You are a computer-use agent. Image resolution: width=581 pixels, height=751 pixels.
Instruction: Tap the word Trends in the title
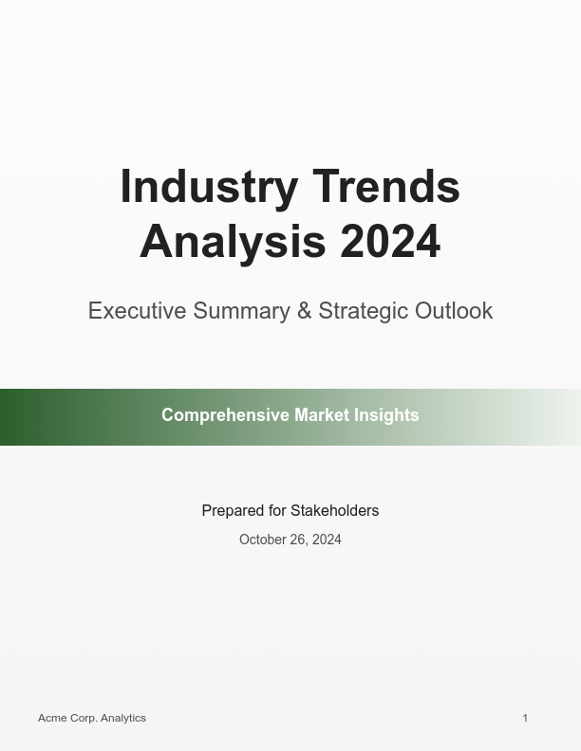point(386,187)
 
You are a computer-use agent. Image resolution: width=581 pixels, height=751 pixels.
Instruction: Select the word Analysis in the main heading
point(233,242)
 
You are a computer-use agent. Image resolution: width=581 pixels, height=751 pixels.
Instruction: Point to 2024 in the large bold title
point(390,242)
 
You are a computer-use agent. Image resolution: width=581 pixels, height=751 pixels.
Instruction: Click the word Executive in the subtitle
point(137,311)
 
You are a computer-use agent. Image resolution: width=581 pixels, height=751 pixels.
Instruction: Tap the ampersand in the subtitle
point(304,311)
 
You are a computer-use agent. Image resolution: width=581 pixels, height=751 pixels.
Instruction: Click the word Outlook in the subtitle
point(454,311)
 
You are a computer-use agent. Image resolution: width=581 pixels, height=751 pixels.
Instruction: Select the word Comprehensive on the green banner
point(225,415)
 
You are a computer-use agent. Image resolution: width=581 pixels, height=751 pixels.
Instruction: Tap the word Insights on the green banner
point(386,415)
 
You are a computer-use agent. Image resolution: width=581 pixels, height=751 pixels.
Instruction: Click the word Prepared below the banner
point(233,511)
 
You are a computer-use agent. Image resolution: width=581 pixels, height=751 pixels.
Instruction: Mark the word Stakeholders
point(334,511)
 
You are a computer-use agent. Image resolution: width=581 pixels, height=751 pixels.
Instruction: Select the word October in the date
point(261,540)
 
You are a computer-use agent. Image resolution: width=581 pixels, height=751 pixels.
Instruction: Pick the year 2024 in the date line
point(327,540)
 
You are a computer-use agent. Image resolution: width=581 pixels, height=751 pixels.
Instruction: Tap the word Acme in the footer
point(52,718)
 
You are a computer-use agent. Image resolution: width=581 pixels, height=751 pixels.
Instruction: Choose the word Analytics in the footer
point(123,718)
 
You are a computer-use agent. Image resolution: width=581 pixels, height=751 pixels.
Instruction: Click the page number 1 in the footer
point(525,718)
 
